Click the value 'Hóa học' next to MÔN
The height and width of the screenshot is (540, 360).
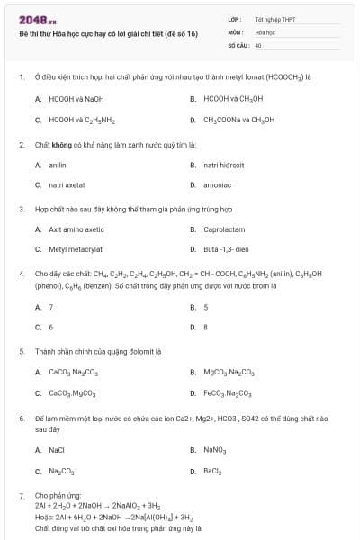click(x=265, y=31)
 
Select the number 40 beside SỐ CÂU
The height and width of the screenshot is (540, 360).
click(x=258, y=44)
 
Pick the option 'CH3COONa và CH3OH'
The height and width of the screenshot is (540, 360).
click(x=238, y=119)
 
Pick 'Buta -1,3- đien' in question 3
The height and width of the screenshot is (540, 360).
click(x=225, y=249)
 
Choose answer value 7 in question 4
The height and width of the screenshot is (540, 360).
click(x=51, y=307)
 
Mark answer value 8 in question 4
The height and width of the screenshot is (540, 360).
click(x=206, y=327)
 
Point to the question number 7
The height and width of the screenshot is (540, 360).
click(x=21, y=495)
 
